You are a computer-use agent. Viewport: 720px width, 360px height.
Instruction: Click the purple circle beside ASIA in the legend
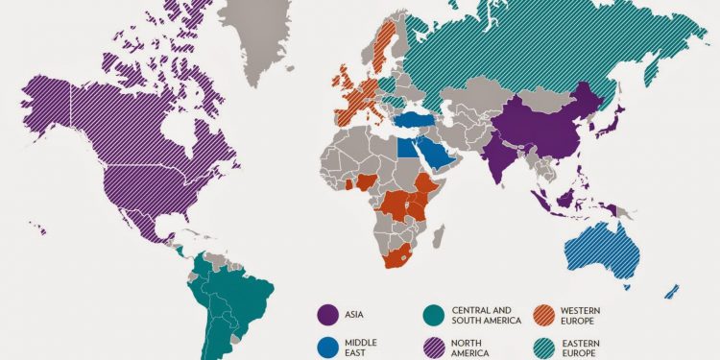(325, 313)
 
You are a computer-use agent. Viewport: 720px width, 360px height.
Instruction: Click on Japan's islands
(615, 121)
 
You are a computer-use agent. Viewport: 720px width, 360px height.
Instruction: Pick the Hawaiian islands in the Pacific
(38, 228)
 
